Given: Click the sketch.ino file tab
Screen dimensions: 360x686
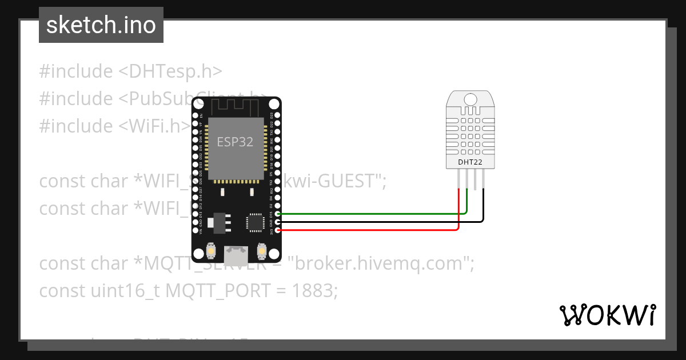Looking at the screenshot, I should click(101, 25).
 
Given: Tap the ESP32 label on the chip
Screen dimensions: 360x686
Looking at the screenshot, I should click(235, 142).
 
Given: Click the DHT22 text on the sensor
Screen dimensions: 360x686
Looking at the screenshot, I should click(470, 162).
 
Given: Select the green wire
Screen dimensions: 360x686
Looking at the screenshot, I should click(372, 214).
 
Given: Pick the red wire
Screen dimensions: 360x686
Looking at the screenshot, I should click(372, 230).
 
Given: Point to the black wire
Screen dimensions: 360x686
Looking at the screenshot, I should click(372, 222).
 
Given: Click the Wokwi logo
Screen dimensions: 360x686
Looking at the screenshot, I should click(608, 315).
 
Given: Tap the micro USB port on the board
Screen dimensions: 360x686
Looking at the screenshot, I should click(236, 251).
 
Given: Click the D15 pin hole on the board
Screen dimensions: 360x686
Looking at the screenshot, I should click(278, 214).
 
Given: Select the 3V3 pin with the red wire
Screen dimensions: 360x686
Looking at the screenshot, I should click(278, 230).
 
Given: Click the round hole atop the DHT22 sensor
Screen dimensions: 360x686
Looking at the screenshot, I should click(470, 99).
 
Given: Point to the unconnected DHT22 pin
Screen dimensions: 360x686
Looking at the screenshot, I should click(475, 180).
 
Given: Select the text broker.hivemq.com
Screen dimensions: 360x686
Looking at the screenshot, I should click(381, 263).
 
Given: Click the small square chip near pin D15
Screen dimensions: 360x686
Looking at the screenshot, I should click(254, 222).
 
